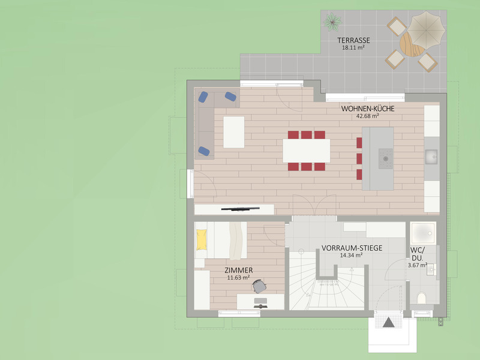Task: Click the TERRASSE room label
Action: [x=353, y=40]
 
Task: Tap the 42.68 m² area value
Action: [x=368, y=116]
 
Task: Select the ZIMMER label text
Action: [x=239, y=271]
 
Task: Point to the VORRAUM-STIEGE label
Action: [x=352, y=248]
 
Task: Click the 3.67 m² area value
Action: [x=418, y=265]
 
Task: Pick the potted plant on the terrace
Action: [x=332, y=22]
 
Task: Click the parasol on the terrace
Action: [x=426, y=30]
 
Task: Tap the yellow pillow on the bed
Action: [x=202, y=239]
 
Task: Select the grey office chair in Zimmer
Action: [x=259, y=287]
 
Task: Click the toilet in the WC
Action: [x=422, y=298]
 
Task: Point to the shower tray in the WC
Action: [x=423, y=233]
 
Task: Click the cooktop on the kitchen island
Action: [x=386, y=158]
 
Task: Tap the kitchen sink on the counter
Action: [x=431, y=157]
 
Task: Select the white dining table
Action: [x=307, y=151]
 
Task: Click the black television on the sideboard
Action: [x=241, y=209]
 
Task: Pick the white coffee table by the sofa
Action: [x=234, y=132]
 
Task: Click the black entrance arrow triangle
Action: [x=388, y=322]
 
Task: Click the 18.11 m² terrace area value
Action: [x=353, y=48]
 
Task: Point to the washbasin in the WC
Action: [x=432, y=269]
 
